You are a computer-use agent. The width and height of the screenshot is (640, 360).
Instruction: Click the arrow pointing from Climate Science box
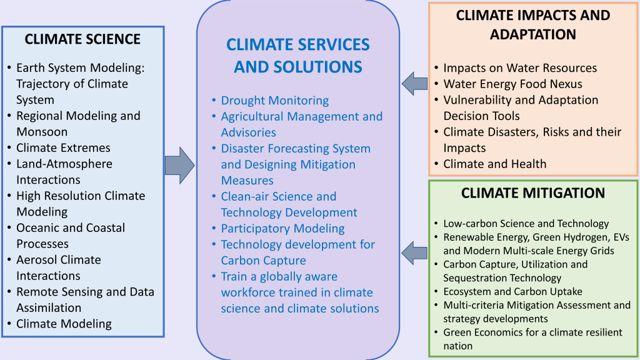[179, 165]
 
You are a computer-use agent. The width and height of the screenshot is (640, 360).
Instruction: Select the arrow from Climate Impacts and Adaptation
[414, 84]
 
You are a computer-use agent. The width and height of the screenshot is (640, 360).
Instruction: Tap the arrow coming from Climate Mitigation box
[414, 252]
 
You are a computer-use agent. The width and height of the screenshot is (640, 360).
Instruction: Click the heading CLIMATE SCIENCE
[82, 39]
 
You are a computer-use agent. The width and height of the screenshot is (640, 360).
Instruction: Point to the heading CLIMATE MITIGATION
[533, 193]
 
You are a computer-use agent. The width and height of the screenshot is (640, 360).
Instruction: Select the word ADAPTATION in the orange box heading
[533, 34]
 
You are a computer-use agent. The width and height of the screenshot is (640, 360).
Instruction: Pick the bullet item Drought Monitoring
[275, 101]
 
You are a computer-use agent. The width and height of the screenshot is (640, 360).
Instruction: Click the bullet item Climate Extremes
[63, 147]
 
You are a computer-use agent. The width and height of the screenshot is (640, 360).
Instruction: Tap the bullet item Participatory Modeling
[282, 229]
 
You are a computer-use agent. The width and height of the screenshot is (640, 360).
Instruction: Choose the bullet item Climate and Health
[495, 164]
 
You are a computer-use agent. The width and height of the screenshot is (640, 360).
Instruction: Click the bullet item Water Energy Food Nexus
[512, 84]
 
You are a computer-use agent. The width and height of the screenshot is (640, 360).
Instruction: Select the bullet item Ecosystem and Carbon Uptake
[512, 291]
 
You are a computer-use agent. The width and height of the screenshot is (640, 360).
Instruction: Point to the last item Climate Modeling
[64, 324]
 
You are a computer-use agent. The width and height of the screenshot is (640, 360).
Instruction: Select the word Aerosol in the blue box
[37, 260]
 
